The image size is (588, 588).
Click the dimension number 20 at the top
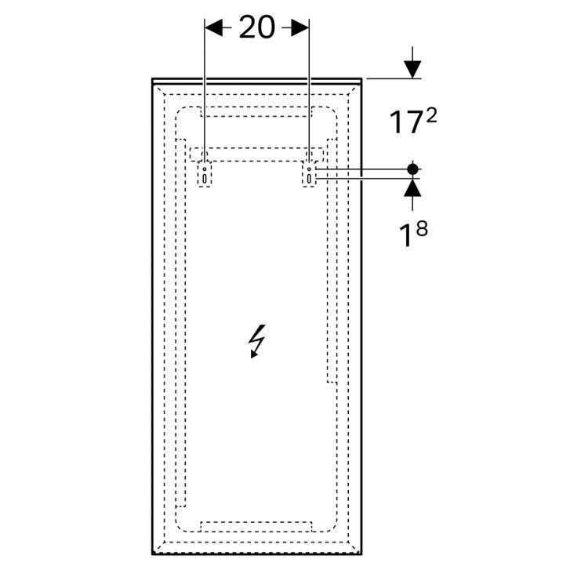[257, 27]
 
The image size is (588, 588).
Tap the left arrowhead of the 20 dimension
[213, 28]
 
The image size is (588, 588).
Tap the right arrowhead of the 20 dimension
[300, 28]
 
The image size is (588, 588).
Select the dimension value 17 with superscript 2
[413, 122]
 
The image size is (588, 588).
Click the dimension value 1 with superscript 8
[412, 234]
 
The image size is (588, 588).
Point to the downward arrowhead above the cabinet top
[412, 69]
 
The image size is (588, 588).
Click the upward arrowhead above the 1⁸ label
[412, 188]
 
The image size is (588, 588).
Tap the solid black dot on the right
[412, 169]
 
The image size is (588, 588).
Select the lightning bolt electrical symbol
[257, 341]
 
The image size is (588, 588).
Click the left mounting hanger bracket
[205, 174]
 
